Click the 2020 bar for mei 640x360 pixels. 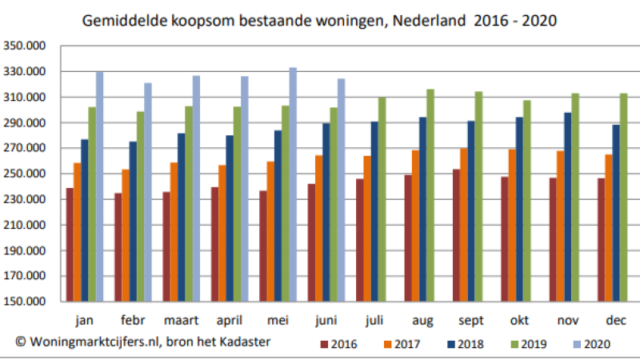coord(293,185)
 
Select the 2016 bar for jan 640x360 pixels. coord(70,245)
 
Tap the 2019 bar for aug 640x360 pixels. coord(430,195)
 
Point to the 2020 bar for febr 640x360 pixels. coord(148,192)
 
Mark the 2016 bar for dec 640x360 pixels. coord(602,240)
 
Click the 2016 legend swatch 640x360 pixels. coord(324,346)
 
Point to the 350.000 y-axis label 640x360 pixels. coord(25,46)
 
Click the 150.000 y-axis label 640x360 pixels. coord(25,302)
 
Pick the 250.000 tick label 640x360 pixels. coord(25,174)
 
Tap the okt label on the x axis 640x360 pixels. coord(519,321)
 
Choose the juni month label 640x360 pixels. coord(325,321)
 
